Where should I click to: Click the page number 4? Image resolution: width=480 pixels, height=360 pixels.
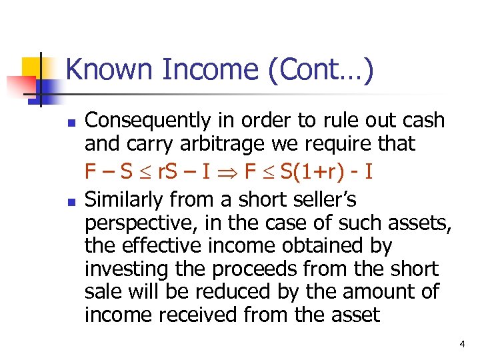[462, 344]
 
